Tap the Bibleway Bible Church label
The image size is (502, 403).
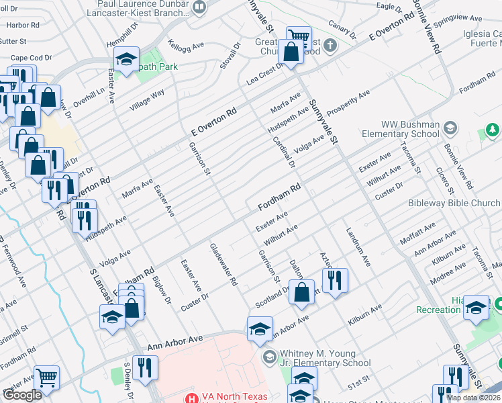coord(454,203)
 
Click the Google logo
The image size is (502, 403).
coord(22,395)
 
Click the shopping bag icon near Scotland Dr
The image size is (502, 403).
coord(303,292)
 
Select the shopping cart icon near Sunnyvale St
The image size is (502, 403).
coord(299,37)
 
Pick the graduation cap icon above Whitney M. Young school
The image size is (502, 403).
coord(260,328)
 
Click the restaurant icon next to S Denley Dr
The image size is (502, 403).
coord(145,367)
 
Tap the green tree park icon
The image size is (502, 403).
coord(493,129)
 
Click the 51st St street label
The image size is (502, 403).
coord(358,381)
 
